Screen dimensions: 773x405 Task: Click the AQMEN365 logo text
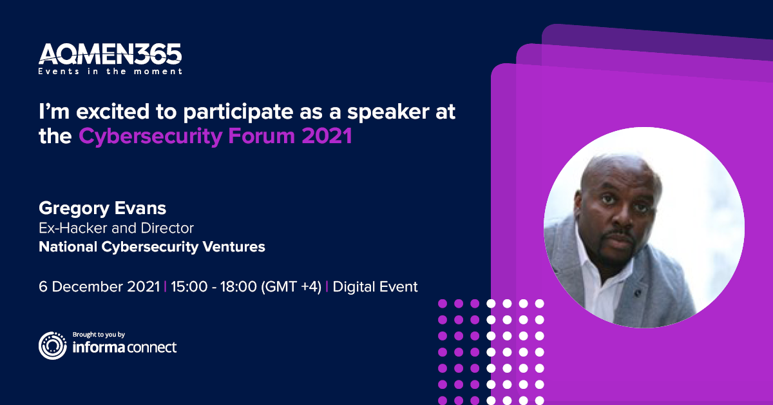110,54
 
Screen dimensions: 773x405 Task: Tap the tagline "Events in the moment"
110,72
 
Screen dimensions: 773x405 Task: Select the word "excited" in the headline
113,112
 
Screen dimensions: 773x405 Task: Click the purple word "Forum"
262,136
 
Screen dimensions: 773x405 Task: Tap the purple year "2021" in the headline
327,136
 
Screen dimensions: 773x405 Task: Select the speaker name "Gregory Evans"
102,209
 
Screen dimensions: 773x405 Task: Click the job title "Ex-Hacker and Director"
117,228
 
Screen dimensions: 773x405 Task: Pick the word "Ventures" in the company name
234,247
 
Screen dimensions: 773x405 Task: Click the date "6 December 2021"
99,287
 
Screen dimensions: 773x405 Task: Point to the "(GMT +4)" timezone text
291,287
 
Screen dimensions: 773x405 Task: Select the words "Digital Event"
375,287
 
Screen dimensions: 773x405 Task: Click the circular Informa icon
53,346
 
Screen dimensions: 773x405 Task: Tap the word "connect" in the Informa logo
152,348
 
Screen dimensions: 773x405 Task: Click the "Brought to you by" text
99,335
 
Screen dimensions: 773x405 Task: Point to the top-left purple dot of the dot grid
443,304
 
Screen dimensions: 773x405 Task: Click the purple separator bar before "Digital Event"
327,287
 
